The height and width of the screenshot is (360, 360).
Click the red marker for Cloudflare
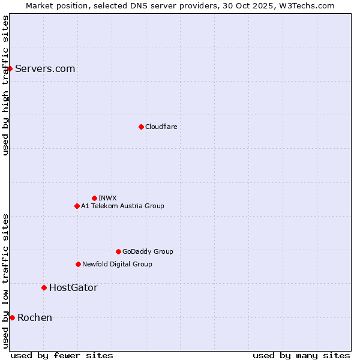[x=141, y=127]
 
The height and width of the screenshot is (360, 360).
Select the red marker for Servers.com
[x=10, y=68]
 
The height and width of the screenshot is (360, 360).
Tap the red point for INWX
[x=94, y=198]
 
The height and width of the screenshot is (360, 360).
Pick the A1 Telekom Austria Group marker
[x=77, y=206]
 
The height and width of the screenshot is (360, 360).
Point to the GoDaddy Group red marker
[x=118, y=251]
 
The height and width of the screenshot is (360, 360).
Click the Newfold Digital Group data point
[x=78, y=264]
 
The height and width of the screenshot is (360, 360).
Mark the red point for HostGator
[x=44, y=287]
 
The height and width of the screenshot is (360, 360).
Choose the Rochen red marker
[x=12, y=317]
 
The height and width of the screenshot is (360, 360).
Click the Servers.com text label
[x=45, y=68]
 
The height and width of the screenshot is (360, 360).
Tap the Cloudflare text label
[x=161, y=127]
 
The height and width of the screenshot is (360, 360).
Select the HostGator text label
[x=73, y=287]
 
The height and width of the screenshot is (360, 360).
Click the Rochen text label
[x=35, y=317]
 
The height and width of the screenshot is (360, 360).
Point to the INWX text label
[x=107, y=198]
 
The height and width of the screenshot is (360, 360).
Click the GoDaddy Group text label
[x=148, y=251]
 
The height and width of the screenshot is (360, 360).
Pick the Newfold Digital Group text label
[x=117, y=264]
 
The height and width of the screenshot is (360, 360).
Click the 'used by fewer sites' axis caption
[x=62, y=355]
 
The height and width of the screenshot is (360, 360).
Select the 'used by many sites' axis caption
[x=301, y=355]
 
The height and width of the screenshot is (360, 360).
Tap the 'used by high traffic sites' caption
[x=5, y=85]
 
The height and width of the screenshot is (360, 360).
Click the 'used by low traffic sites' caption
[x=5, y=280]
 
